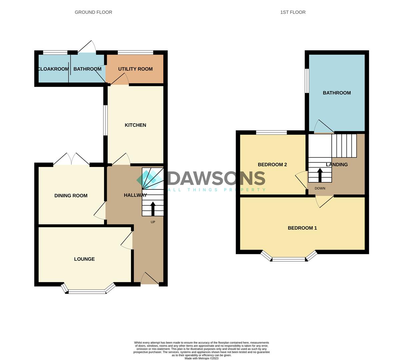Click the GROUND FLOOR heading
(93, 12)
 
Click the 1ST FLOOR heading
(293, 12)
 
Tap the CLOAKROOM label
(53, 69)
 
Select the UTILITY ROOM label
(135, 69)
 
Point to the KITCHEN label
(135, 125)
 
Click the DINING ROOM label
(71, 196)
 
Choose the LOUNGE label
(84, 259)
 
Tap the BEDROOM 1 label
(302, 228)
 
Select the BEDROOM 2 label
(272, 165)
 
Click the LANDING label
(337, 165)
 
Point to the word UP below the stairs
(153, 222)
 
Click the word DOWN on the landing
(320, 188)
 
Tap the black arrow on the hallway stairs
(153, 209)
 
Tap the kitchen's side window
(105, 120)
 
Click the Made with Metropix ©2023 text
(202, 358)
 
